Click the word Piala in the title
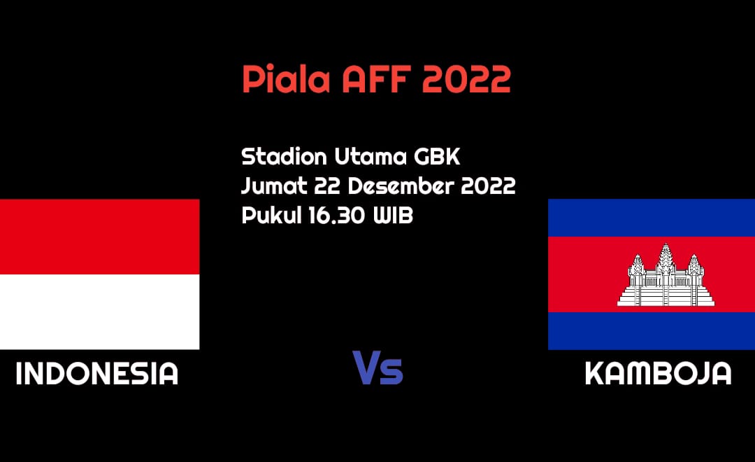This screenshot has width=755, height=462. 286,78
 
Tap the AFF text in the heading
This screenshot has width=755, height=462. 377,79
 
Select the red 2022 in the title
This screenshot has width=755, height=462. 466,79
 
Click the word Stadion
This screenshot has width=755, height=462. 284,156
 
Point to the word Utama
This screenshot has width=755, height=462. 371,157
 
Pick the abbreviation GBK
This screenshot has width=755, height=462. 437,157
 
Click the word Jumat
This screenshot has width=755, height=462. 274,185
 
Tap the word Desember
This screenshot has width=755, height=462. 401,185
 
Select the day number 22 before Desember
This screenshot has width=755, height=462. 327,186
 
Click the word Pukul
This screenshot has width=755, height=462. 271,215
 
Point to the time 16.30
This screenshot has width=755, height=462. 336,215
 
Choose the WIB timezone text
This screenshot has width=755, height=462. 393,215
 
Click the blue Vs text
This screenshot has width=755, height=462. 377,368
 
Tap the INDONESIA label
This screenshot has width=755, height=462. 96,374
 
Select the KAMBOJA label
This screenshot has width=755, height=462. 659,374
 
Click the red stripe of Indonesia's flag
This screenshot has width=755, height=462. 100,237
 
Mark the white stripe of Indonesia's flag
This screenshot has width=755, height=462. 100,312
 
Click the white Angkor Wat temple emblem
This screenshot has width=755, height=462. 666,275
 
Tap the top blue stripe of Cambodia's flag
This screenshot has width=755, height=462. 652,218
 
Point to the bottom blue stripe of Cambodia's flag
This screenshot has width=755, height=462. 652,331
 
